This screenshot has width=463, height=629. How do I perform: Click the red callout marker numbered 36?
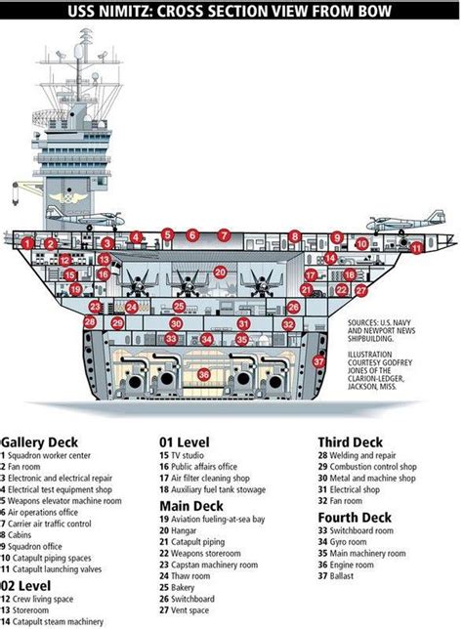click(203, 373)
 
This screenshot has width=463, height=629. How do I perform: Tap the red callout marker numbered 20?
click(221, 273)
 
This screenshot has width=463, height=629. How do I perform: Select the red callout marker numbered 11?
click(416, 248)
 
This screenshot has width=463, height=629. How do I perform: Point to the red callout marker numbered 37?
click(318, 361)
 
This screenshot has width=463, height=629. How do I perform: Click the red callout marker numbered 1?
click(28, 242)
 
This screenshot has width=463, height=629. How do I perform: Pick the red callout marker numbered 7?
click(224, 234)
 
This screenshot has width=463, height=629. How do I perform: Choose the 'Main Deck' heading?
click(191, 505)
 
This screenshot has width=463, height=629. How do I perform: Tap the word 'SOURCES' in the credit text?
click(364, 319)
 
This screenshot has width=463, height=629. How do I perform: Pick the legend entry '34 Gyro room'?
click(350, 541)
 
